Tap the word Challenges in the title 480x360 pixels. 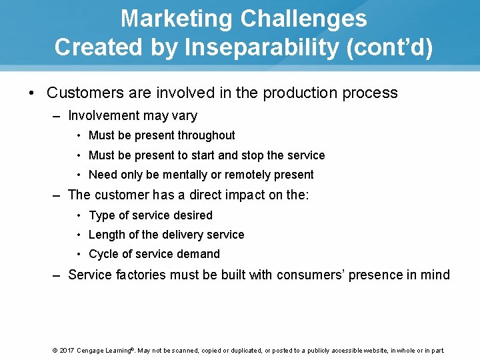tap(303, 18)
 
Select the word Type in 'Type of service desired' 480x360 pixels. tap(102, 215)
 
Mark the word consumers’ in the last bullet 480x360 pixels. tap(310, 275)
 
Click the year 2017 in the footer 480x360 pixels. tap(67, 350)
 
